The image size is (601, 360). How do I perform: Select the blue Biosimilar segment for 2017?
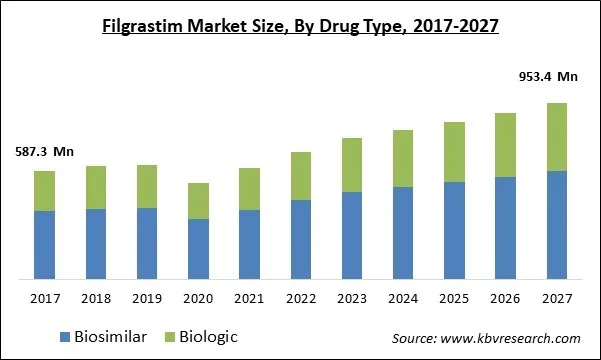(44, 244)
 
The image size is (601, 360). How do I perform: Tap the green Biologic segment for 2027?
(556, 137)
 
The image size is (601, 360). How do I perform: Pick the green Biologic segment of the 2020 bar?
(198, 201)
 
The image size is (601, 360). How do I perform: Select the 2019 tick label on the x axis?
(147, 297)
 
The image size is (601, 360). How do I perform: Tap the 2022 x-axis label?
(300, 297)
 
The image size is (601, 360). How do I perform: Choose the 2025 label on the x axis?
(454, 297)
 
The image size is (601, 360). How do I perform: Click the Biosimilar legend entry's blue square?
(65, 337)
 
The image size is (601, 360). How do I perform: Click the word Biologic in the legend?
(207, 337)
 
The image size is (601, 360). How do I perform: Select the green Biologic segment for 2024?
(403, 159)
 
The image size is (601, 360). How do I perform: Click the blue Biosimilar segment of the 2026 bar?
(505, 227)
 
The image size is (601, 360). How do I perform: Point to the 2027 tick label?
(556, 297)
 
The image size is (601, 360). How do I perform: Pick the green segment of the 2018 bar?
(95, 187)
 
